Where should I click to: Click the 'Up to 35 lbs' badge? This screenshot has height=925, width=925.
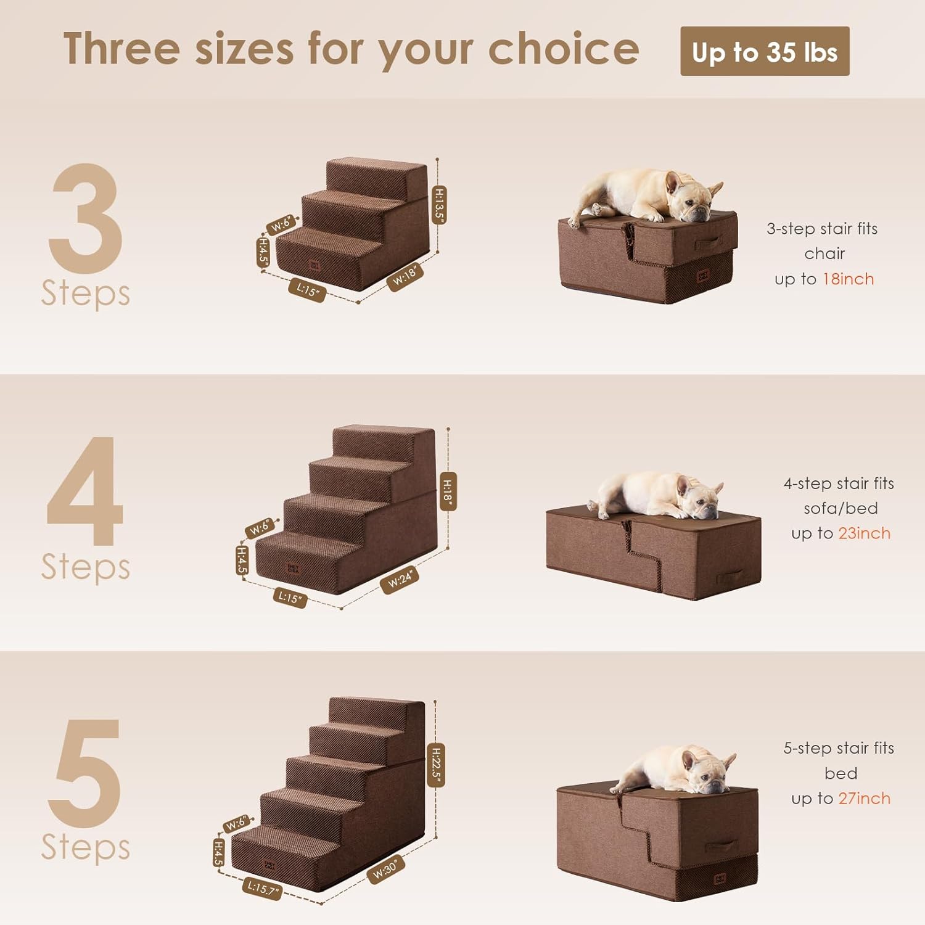pyautogui.click(x=765, y=52)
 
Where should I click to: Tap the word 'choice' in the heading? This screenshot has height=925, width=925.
pyautogui.click(x=564, y=49)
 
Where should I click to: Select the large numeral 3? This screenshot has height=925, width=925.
pyautogui.click(x=86, y=218)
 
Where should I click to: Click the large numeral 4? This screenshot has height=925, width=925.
pyautogui.click(x=86, y=491)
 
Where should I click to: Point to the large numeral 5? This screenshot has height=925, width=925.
pyautogui.click(x=86, y=773)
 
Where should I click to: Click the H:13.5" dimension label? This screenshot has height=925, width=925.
pyautogui.click(x=438, y=205)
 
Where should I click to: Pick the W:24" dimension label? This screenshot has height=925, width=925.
pyautogui.click(x=400, y=580)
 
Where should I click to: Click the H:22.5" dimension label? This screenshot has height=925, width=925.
pyautogui.click(x=436, y=765)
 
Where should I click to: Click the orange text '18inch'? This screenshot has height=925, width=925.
pyautogui.click(x=848, y=279)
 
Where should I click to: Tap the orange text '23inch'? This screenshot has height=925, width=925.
pyautogui.click(x=864, y=533)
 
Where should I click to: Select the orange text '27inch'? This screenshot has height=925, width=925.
pyautogui.click(x=864, y=799)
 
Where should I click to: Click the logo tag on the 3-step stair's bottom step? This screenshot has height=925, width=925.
pyautogui.click(x=314, y=266)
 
